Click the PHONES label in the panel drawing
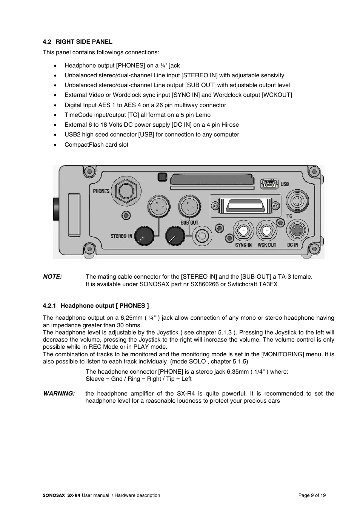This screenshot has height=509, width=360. (x=101, y=191)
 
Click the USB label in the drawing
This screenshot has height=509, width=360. (x=285, y=184)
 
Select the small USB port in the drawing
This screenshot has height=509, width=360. (x=269, y=184)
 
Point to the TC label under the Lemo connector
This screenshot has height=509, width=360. (x=289, y=216)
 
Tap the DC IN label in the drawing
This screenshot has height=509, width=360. (x=293, y=245)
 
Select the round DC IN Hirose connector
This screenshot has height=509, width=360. (x=297, y=230)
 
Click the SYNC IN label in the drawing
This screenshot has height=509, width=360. (x=243, y=245)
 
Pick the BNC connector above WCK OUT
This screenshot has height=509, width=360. (x=267, y=231)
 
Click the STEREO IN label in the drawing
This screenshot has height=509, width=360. (x=122, y=236)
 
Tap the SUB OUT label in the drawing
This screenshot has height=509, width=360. (x=189, y=223)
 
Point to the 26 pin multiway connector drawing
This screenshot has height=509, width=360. (x=245, y=206)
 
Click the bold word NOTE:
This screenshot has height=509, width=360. (x=52, y=277)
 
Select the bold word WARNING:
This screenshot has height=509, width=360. (x=59, y=394)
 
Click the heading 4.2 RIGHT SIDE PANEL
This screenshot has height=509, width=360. (x=78, y=42)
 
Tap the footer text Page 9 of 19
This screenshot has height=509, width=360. (x=312, y=495)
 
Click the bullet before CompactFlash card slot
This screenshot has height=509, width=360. (x=56, y=145)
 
